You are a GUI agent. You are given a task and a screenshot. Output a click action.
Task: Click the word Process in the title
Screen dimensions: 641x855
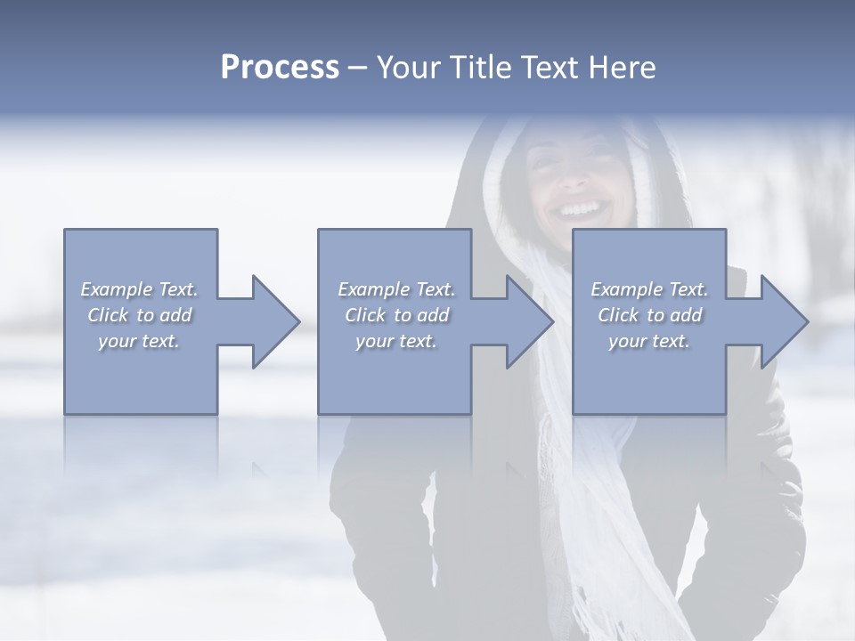[280, 68]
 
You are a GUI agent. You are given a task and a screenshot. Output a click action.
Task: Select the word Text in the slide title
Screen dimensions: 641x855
[550, 68]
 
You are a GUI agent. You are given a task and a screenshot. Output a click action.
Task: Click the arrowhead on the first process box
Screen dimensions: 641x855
[276, 321]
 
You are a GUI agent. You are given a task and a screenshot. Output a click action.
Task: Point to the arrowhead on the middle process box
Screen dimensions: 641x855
[530, 321]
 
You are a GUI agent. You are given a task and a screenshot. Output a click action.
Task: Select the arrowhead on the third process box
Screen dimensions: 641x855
[785, 321]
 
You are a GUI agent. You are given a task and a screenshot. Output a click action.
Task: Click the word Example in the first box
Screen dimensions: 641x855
[117, 289]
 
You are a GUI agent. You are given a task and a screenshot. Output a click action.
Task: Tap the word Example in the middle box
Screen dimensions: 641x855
[374, 289]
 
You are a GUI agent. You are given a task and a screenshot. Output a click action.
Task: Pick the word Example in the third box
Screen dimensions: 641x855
[627, 289]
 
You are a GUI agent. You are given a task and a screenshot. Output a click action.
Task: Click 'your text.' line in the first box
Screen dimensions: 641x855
[139, 341]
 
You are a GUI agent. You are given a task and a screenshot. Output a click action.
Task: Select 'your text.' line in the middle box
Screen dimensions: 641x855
[396, 341]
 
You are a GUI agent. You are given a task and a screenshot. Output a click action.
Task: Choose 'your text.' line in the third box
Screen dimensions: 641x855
[649, 341]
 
